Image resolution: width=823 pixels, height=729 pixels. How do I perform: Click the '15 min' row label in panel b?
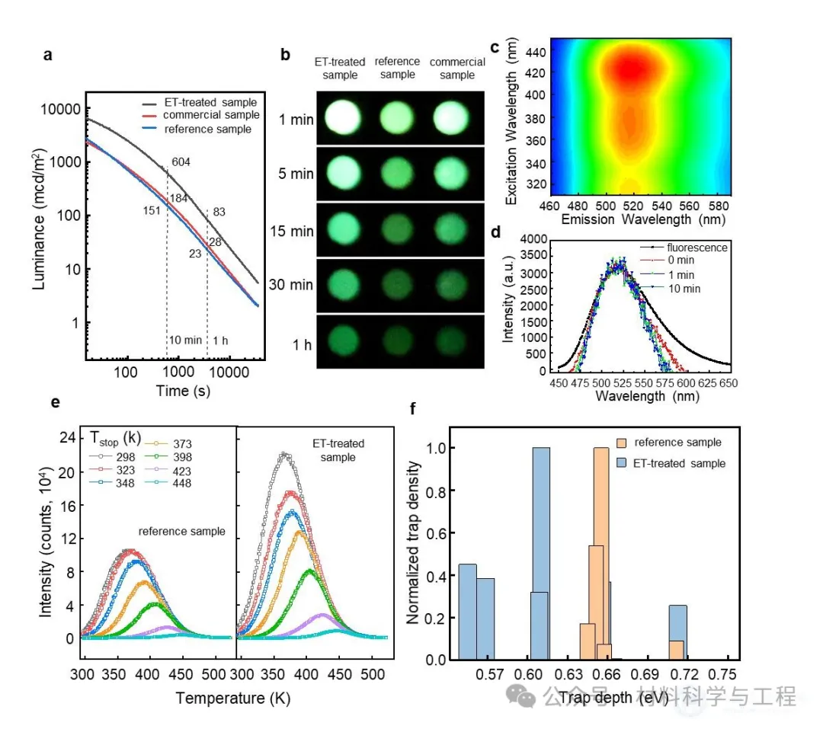click(x=296, y=231)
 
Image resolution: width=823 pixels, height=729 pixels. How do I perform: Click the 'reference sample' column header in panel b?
click(x=397, y=68)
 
